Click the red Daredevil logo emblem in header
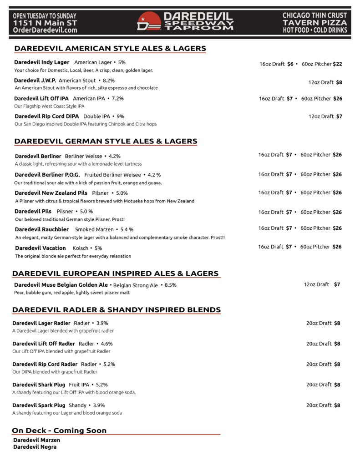point(149,21)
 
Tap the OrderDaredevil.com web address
point(45,30)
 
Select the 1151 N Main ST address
point(45,23)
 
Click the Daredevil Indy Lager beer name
point(42,62)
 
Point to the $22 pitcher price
point(337,64)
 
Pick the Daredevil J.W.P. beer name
point(35,81)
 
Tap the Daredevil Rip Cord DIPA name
point(46,116)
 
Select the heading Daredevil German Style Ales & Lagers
point(106,141)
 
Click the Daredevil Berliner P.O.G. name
point(47,175)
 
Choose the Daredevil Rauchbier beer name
point(42,229)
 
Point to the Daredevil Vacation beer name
point(41,248)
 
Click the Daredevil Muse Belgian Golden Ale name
point(61,285)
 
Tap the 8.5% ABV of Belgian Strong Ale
point(170,285)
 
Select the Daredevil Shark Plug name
point(39,385)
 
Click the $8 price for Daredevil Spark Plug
point(337,405)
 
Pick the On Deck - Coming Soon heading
point(59,431)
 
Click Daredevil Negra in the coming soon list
point(35,447)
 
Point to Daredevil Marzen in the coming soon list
point(37,440)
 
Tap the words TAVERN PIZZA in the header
point(314,23)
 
